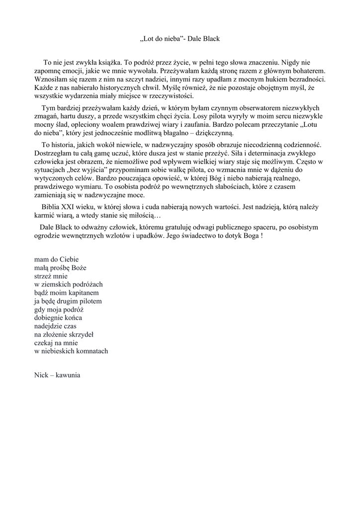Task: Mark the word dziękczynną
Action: coord(211,133)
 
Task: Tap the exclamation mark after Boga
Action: coord(262,236)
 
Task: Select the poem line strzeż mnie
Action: coord(50,276)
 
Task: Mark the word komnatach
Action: coord(91,351)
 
